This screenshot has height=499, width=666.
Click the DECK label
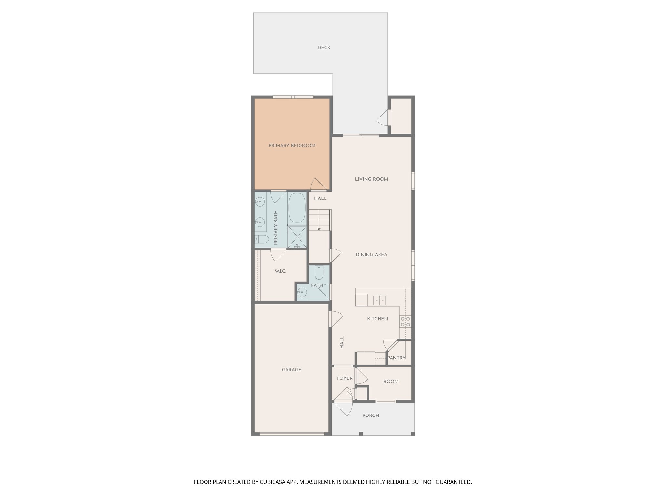point(324,48)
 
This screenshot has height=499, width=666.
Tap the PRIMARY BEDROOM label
point(292,146)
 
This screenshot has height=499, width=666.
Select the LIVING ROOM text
point(371,179)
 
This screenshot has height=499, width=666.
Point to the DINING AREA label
point(371,255)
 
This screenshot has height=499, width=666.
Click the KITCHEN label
point(378,319)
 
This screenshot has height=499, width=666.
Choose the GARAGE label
point(291,370)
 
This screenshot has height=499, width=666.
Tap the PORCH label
point(370,416)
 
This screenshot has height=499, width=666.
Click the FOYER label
point(344,378)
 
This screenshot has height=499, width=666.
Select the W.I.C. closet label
point(280,271)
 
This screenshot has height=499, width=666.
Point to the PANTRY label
point(396,358)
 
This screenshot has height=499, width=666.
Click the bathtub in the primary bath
point(297,207)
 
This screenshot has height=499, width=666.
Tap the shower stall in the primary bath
point(297,237)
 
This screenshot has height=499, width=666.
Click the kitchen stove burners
point(405,322)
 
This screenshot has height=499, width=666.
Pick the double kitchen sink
point(380,301)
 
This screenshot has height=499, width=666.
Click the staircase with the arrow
point(319,220)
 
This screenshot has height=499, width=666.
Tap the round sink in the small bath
point(302,292)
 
